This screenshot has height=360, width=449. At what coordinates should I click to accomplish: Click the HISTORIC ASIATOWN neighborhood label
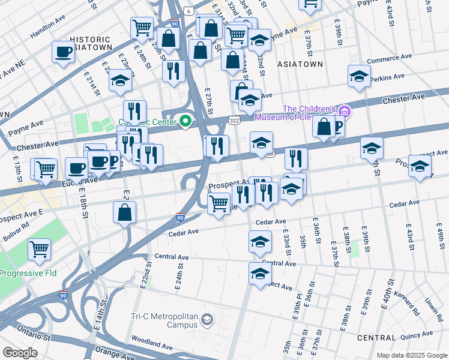pyautogui.click(x=90, y=44)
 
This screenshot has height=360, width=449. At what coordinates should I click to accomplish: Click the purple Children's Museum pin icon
pyautogui.click(x=344, y=112)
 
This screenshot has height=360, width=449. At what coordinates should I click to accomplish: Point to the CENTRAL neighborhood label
pyautogui.click(x=376, y=338)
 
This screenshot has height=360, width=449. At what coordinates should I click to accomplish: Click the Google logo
pyautogui.click(x=20, y=353)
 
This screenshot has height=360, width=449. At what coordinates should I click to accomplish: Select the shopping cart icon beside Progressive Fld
pyautogui.click(x=39, y=248)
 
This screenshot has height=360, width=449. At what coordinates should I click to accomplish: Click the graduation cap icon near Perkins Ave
pyautogui.click(x=359, y=77)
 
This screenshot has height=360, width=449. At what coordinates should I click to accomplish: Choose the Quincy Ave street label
pyautogui.click(x=418, y=334)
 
